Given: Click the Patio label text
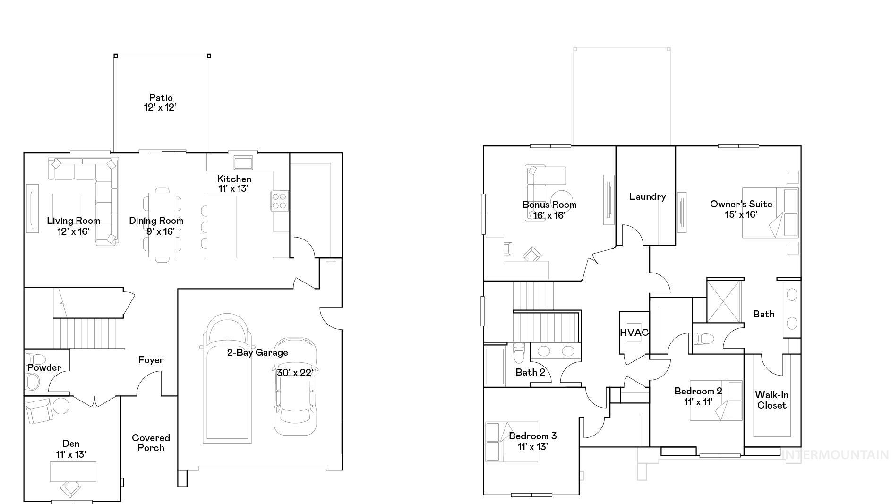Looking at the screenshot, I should point(161,98).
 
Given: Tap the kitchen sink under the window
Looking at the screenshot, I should point(243,163).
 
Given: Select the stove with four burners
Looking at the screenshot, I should point(280,200).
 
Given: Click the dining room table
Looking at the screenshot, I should point(162,225).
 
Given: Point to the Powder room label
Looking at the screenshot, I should point(44,368).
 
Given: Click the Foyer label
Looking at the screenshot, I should point(151,360).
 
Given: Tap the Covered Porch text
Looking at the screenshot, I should point(151,443).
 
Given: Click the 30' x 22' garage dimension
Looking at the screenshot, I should point(295,373).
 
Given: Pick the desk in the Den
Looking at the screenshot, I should point(73,471).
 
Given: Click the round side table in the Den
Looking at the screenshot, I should point(61,405).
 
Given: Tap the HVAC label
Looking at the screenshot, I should point(634,333).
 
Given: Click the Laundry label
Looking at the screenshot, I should point(647,196).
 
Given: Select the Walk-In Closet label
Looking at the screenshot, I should point(771,400).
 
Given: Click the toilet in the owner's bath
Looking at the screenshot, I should point(704,339).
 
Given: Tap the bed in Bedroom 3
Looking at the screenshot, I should point(512,442).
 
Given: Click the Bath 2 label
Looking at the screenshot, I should point(530,372).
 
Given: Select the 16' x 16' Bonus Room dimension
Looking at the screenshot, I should point(549,215).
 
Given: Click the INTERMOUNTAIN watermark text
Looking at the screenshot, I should point(835,455).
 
